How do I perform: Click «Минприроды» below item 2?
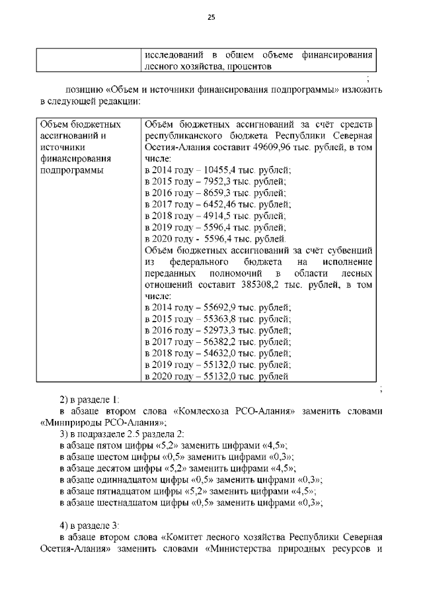(71, 422)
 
